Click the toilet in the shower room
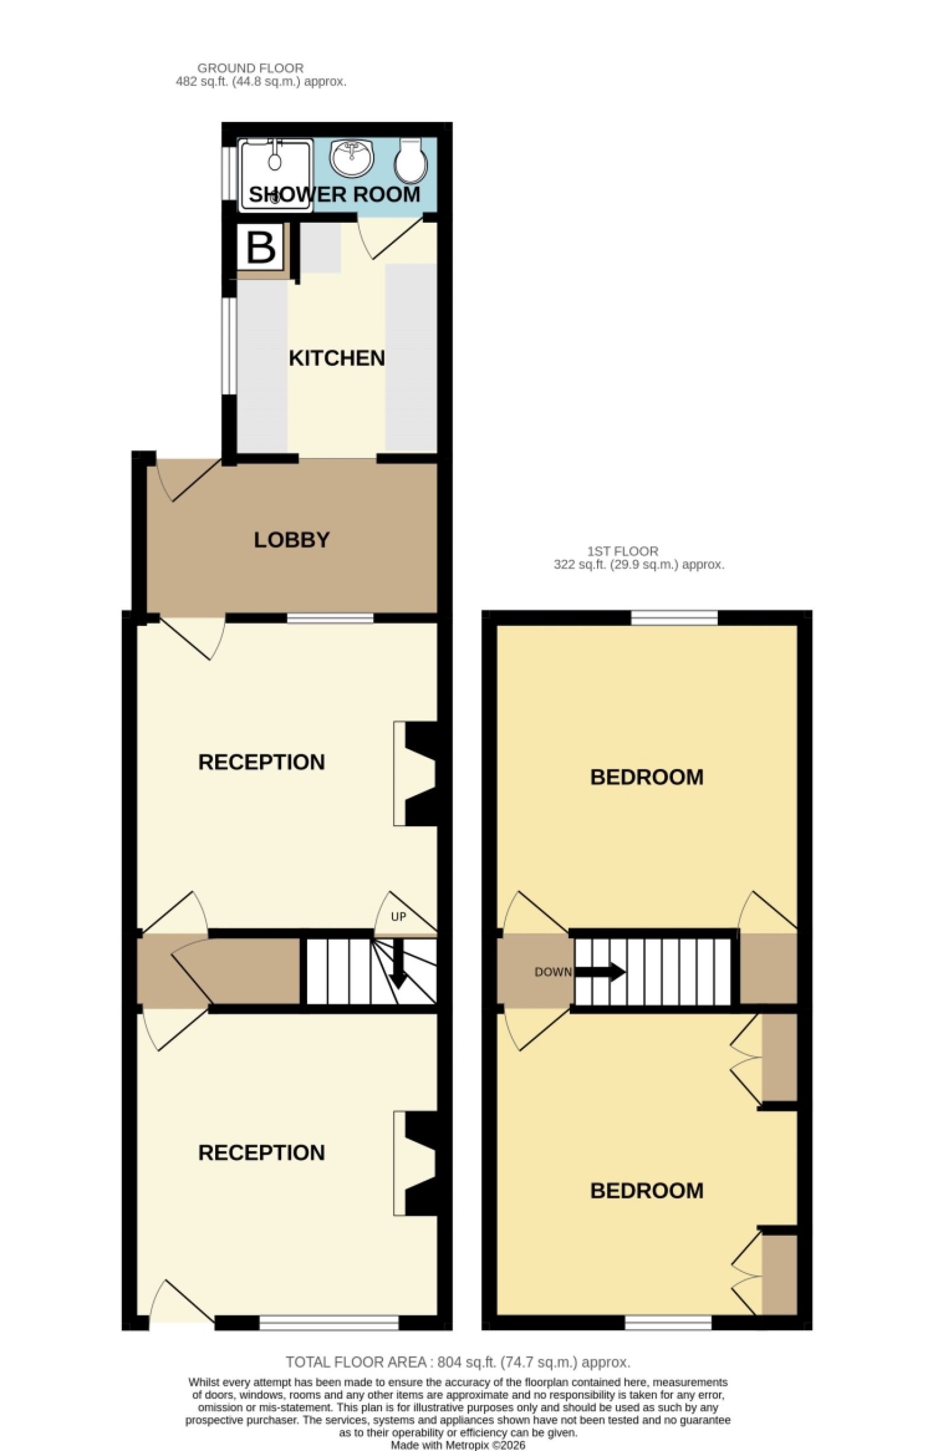(411, 160)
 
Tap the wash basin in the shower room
(352, 157)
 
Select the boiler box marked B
(261, 247)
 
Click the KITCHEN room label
(336, 358)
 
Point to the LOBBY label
(292, 540)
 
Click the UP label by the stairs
(398, 917)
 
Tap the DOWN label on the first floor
(553, 972)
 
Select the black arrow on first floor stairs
(600, 971)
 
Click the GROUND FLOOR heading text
(250, 68)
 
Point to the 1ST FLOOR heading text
(623, 551)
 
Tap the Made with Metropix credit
(458, 1445)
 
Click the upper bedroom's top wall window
(674, 618)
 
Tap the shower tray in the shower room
(276, 175)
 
